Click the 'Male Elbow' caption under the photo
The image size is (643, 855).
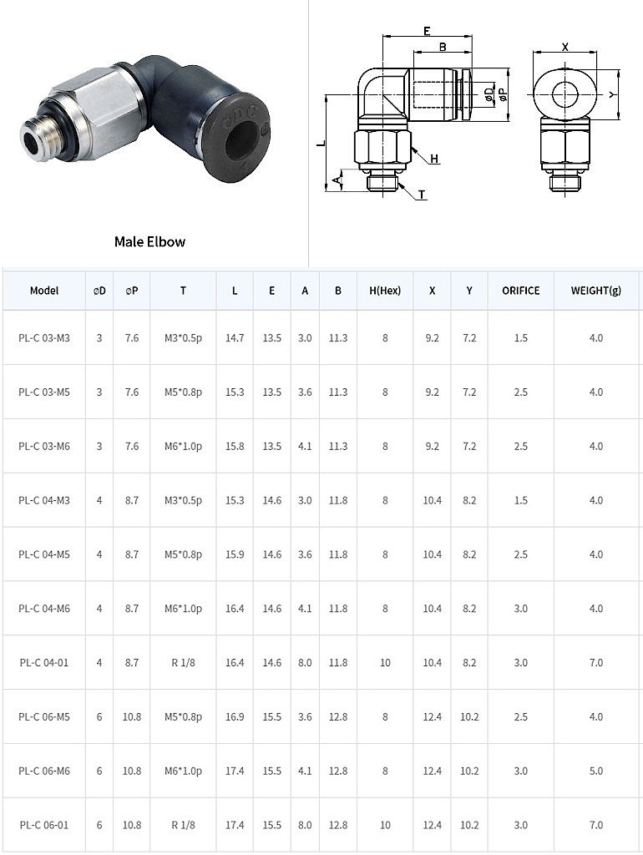pyautogui.click(x=150, y=241)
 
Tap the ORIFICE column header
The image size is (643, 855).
pyautogui.click(x=521, y=291)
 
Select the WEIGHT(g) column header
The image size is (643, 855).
pyautogui.click(x=596, y=291)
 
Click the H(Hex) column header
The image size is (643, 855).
pyautogui.click(x=385, y=291)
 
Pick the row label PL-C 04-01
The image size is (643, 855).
pyautogui.click(x=44, y=662)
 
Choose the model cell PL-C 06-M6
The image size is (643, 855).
pyautogui.click(x=44, y=771)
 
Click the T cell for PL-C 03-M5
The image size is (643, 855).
pyautogui.click(x=183, y=392)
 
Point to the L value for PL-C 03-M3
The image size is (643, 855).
pyautogui.click(x=235, y=338)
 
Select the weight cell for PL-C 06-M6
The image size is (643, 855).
pyautogui.click(x=596, y=771)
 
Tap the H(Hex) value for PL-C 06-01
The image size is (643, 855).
pyautogui.click(x=385, y=825)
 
